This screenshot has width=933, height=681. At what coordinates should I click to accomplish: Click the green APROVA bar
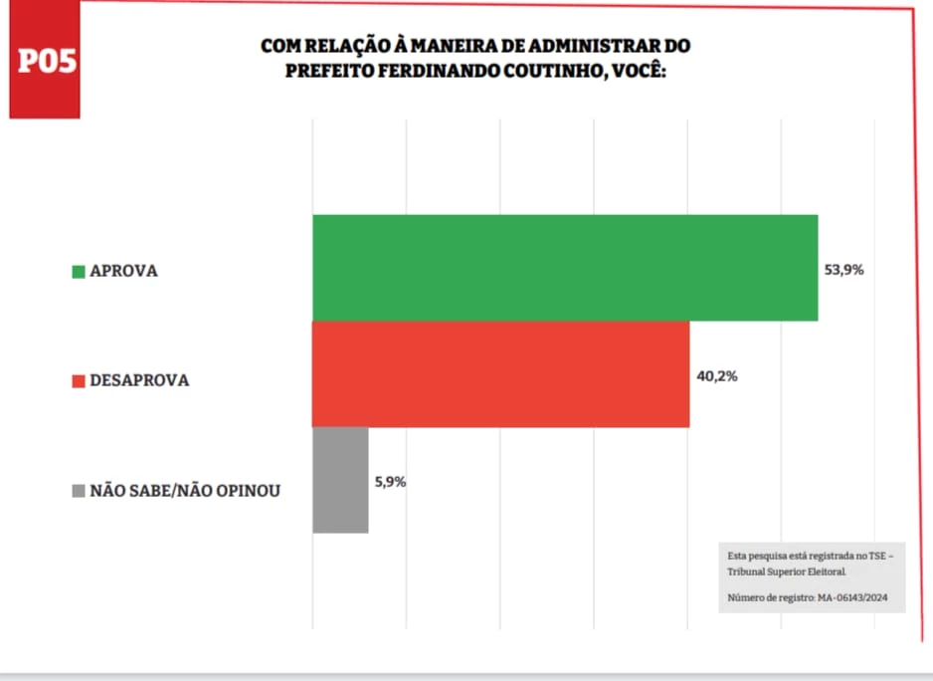tap(564, 268)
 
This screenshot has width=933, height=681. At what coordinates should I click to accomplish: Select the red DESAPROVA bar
tap(500, 374)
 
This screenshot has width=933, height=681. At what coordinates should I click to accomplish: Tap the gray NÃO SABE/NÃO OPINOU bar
tap(340, 480)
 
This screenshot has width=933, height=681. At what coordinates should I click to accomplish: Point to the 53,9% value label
tap(843, 269)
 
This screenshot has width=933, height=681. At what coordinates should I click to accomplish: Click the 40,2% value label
tap(716, 375)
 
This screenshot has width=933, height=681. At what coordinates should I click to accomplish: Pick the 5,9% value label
tap(390, 482)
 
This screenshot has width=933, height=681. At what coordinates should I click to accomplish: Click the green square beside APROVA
tap(79, 271)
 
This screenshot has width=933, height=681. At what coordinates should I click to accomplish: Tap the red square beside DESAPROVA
tap(79, 380)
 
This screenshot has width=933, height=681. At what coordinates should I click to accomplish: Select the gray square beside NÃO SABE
tap(79, 491)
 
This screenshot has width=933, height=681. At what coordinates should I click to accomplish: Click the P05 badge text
tap(47, 61)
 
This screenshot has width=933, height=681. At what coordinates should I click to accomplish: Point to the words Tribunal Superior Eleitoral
tap(787, 572)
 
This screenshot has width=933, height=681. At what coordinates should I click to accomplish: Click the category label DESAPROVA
tap(138, 380)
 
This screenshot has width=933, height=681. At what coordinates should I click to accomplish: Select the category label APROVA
tap(123, 271)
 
